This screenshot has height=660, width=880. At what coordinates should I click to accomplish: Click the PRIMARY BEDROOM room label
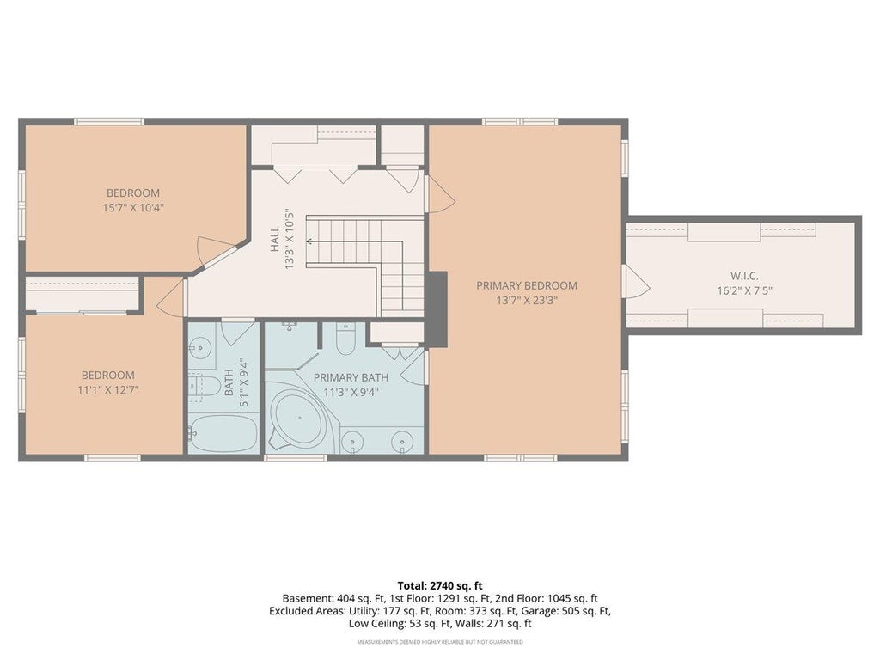coord(527,285)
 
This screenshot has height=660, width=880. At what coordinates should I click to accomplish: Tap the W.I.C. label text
coord(744,276)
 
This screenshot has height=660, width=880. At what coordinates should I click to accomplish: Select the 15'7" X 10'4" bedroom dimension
coord(133,208)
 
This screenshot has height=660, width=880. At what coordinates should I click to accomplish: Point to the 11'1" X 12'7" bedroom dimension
coord(107,390)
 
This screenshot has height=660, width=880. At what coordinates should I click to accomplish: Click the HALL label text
coord(275,239)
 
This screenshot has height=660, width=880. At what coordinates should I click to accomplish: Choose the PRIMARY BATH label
coord(351,378)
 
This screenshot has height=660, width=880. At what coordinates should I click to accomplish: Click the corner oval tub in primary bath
coord(298,419)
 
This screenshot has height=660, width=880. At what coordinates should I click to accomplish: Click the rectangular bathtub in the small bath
coord(224,433)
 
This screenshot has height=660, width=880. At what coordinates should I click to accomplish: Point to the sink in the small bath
coord(199,348)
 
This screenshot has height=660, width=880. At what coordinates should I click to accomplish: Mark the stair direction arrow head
coord(309,241)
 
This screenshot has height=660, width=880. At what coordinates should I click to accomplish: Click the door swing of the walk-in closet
coord(637,281)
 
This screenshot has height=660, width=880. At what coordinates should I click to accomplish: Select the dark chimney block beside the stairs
coord(436,309)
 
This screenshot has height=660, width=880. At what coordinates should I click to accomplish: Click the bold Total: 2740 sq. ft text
coord(440,586)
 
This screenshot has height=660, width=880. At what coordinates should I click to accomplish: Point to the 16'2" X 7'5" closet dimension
coord(744,290)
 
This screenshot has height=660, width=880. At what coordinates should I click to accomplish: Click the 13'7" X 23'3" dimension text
coord(527,300)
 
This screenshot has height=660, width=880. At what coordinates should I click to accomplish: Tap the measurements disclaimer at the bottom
coord(440,641)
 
